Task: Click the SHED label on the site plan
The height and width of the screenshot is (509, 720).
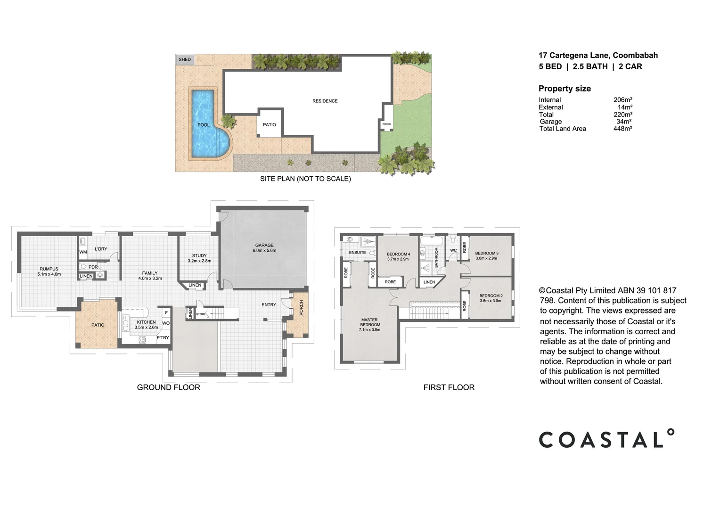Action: click(x=185, y=59)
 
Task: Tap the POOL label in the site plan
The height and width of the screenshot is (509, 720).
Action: click(x=204, y=125)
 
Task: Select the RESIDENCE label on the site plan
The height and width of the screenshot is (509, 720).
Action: click(x=325, y=101)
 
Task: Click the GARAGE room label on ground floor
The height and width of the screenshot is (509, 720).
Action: click(x=264, y=245)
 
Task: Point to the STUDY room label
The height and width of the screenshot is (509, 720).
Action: click(x=199, y=255)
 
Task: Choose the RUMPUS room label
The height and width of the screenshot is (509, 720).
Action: click(x=49, y=269)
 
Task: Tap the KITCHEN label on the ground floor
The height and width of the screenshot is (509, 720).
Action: click(x=146, y=322)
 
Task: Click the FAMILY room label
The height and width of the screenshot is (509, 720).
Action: click(x=150, y=273)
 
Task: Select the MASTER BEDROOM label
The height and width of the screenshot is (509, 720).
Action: click(x=369, y=322)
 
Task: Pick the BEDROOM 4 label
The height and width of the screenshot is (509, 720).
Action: click(x=398, y=254)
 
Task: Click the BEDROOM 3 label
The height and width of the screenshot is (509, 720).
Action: click(x=486, y=253)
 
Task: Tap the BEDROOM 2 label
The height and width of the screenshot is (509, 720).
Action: click(x=491, y=296)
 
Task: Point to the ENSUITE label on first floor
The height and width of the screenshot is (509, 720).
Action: click(x=357, y=253)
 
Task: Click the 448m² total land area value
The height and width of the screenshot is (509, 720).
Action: click(x=622, y=129)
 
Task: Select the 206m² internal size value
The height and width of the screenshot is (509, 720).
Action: click(x=622, y=100)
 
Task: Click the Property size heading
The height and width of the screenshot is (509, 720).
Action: click(x=565, y=89)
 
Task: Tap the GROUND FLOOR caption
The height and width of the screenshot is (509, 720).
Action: click(x=168, y=387)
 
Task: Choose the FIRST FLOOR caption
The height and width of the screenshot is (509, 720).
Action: click(x=449, y=387)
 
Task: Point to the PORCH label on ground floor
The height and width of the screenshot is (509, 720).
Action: click(x=302, y=308)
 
